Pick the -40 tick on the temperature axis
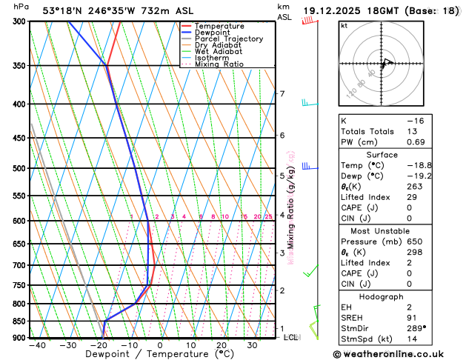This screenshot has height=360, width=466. coord(37,345)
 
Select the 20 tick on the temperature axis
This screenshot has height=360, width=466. coord(222,345)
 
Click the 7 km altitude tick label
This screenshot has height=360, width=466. coord(282,93)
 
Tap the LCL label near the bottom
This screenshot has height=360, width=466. coord(291,337)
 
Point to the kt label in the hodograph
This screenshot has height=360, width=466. coord(344,26)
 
